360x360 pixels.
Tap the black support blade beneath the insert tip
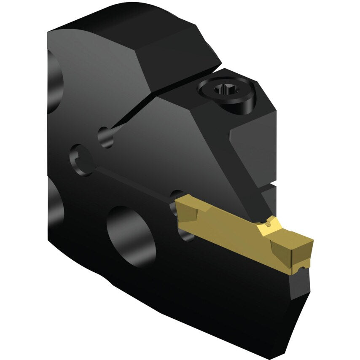295,295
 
